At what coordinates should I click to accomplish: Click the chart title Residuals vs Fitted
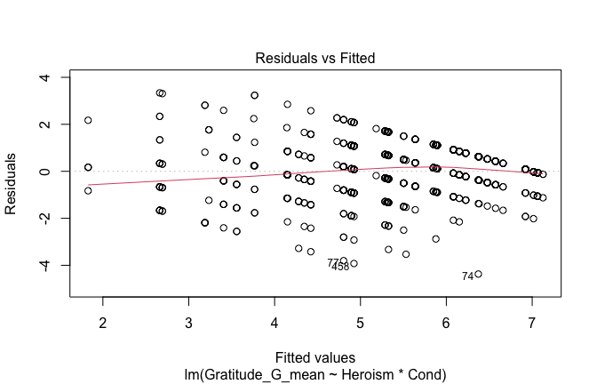315,58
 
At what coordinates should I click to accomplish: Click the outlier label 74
467,276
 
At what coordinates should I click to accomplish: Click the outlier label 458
341,267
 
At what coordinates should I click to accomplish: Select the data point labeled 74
478,274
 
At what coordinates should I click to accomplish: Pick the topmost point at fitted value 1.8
88,120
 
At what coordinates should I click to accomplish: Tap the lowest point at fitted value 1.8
88,190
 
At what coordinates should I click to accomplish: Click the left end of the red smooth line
88,185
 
